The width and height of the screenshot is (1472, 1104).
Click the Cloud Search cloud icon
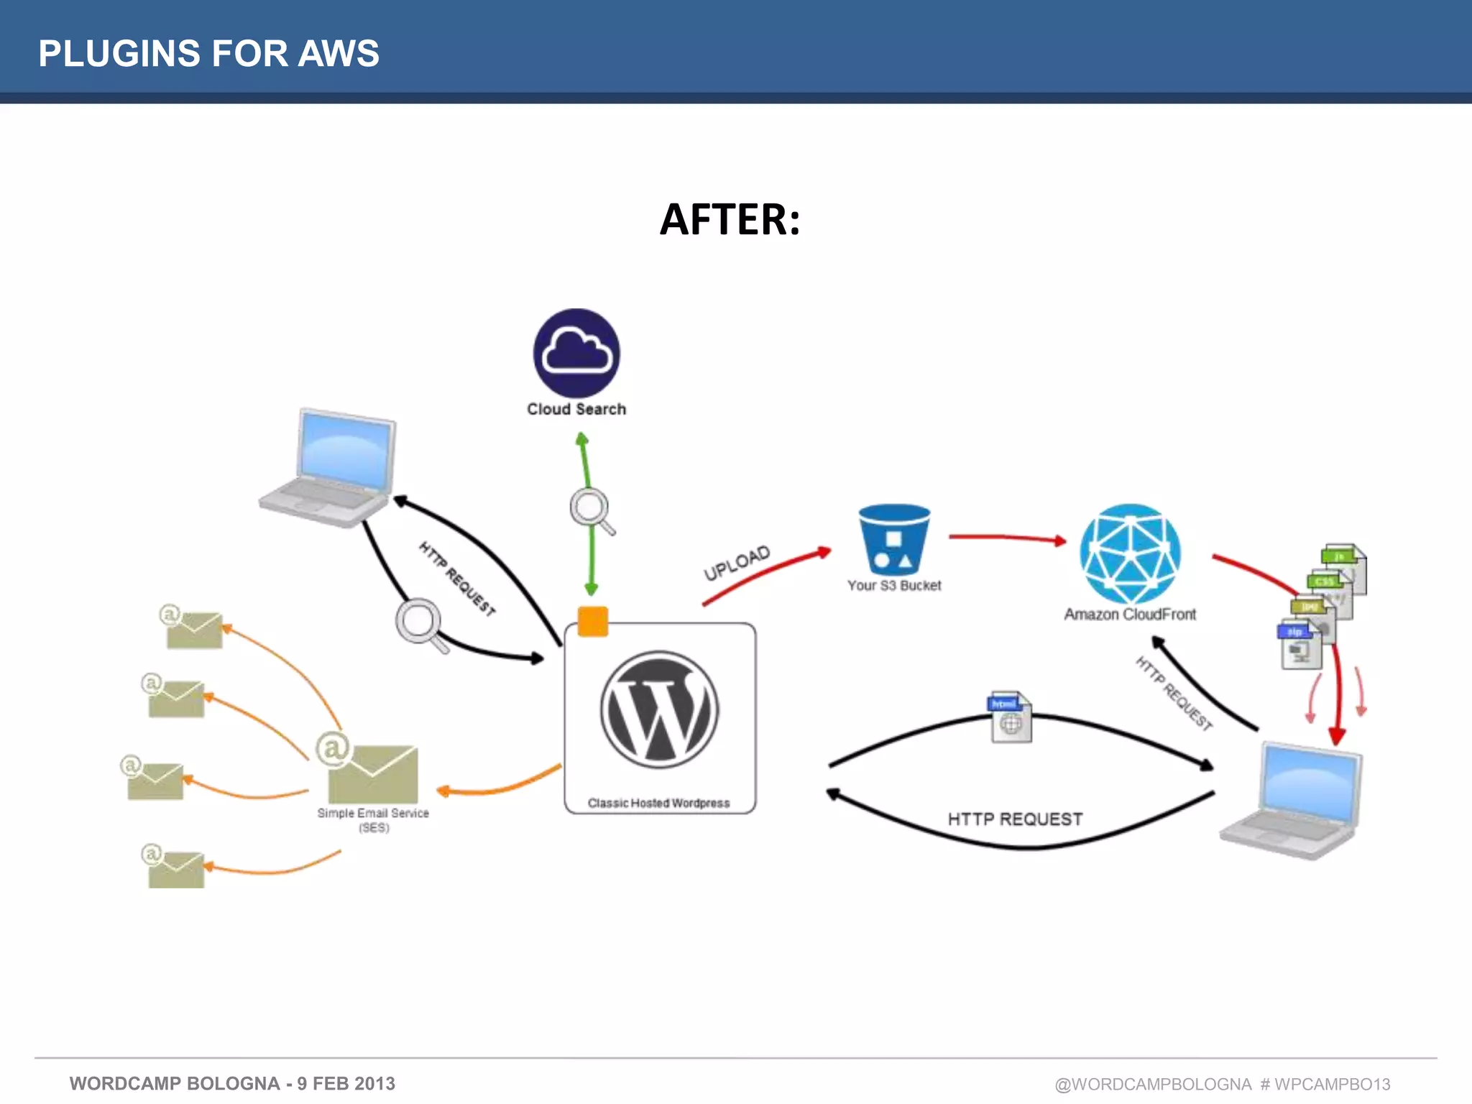pos(576,352)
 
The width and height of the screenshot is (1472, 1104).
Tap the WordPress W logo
pos(659,709)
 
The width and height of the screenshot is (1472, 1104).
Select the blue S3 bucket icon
pos(894,539)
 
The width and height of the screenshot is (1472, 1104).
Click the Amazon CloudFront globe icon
pos(1130,553)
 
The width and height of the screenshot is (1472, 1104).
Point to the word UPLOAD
pos(736,563)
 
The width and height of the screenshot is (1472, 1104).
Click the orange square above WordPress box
pos(593,622)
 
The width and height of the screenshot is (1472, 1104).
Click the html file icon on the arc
pos(1011,717)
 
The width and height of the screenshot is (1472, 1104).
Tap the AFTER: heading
pos(730,219)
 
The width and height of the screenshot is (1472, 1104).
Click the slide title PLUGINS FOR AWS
pos(208,53)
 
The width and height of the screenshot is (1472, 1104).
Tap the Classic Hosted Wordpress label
pos(658,803)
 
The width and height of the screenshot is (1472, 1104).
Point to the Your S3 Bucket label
pos(893,585)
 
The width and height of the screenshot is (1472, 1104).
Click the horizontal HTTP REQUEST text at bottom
pos(1014,819)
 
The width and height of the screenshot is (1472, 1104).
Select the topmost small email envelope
pos(193,629)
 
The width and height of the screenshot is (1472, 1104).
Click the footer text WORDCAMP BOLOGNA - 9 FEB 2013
pos(232,1083)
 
